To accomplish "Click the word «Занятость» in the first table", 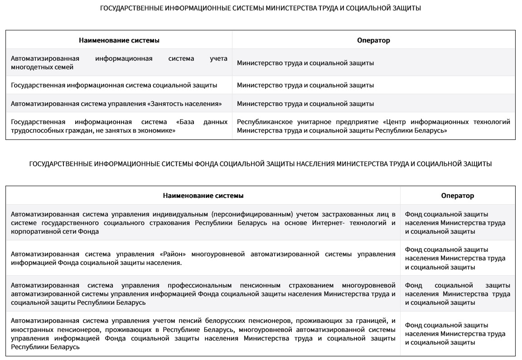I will (166, 104).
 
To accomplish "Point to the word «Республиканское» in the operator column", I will (262, 122).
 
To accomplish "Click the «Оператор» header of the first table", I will (373, 40).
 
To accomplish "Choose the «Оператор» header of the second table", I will (458, 196).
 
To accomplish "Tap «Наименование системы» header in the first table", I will (119, 40).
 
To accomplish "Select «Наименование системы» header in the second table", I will (203, 196).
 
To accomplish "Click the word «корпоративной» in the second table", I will (32, 231).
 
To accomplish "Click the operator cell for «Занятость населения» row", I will (305, 104).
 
